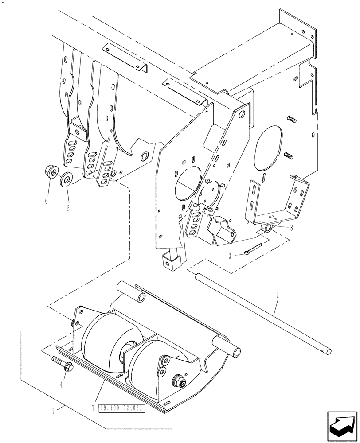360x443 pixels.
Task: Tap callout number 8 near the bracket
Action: pos(291,229)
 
